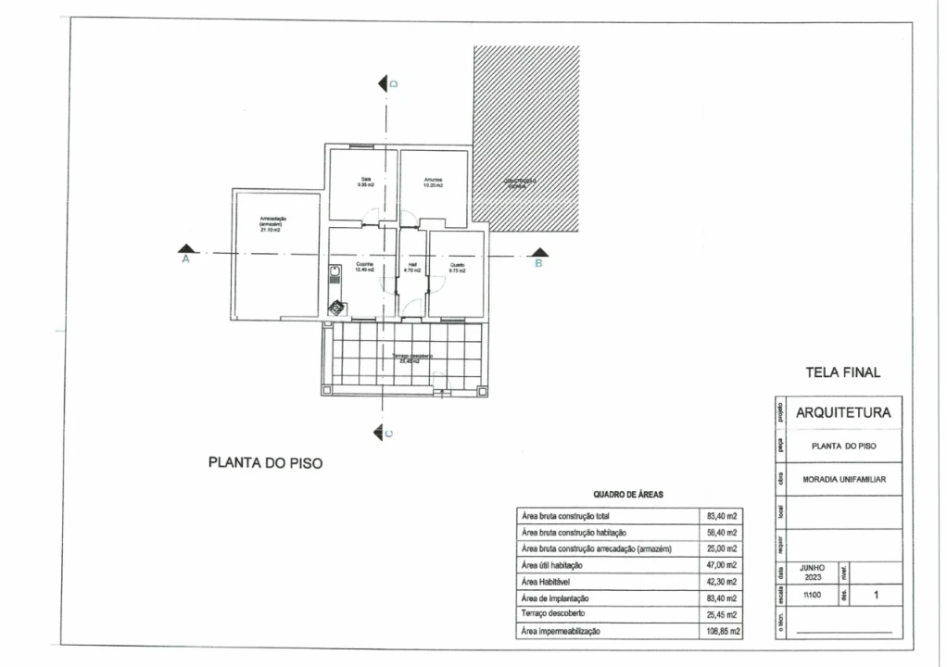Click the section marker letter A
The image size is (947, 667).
click(x=185, y=261)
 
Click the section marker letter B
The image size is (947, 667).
click(x=538, y=263)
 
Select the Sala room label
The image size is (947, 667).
click(x=365, y=182)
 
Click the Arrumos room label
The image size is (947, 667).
click(x=433, y=182)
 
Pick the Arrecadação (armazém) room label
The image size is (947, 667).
click(x=273, y=223)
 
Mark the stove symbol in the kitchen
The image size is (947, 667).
click(x=336, y=308)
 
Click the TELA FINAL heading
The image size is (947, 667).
click(x=843, y=372)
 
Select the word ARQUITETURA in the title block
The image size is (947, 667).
click(x=843, y=412)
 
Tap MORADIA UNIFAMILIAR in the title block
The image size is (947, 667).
click(x=843, y=479)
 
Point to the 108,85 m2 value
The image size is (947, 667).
click(x=722, y=631)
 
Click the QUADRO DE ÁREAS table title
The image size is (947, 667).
click(x=628, y=495)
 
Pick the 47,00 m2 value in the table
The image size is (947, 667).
click(x=722, y=565)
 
